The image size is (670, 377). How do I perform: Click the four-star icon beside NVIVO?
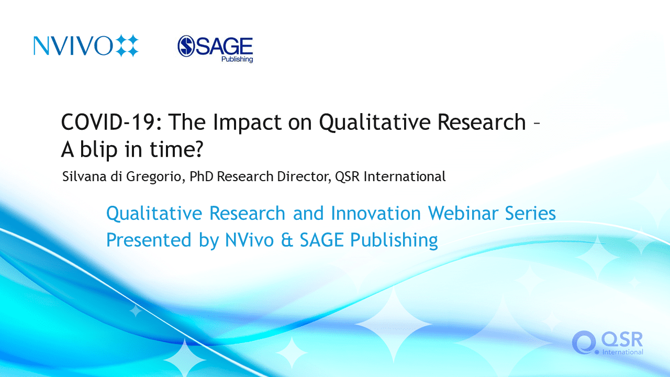(127, 46)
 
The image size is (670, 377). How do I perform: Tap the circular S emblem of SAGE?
(186, 46)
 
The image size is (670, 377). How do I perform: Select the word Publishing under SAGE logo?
(237, 59)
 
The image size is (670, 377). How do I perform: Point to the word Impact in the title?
(247, 123)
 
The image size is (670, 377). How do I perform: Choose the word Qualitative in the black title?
(374, 123)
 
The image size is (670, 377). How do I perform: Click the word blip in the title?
(99, 150)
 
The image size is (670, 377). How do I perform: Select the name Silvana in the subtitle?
(84, 176)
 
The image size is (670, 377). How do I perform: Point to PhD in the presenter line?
(202, 176)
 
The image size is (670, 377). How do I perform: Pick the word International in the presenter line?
(405, 176)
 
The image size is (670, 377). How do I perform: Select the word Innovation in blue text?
(376, 213)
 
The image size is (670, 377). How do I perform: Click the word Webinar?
(463, 213)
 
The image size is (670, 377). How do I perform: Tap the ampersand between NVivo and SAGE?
(287, 240)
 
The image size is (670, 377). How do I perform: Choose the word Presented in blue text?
(149, 240)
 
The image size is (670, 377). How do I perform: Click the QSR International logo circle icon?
(583, 342)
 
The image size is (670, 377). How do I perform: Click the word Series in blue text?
(530, 213)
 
